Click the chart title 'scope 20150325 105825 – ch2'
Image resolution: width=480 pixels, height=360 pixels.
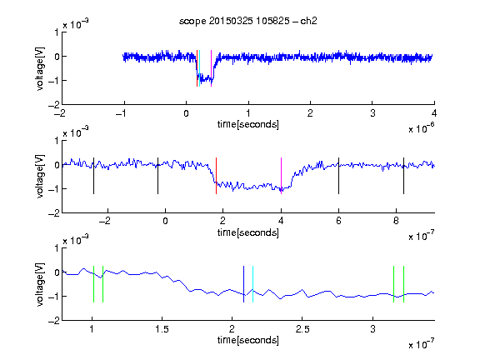coord(248,21)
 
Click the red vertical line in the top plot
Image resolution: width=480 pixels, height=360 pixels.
coord(197,68)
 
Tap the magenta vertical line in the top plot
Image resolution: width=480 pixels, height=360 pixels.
coord(211,68)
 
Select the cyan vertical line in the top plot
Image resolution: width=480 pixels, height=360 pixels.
coord(200,68)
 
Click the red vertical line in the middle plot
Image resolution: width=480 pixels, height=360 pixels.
coord(216,176)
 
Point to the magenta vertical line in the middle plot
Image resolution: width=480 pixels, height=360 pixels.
coord(281,176)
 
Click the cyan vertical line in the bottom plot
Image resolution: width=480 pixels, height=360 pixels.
coord(252,284)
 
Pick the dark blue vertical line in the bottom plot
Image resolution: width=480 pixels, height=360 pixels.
coord(243,284)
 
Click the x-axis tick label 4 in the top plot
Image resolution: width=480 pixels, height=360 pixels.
coord(434,113)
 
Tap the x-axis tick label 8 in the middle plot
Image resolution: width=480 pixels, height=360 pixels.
coord(396,221)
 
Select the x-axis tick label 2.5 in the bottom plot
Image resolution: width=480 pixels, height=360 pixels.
coord(302,329)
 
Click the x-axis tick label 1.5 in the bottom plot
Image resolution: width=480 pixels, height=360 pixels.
coord(162,329)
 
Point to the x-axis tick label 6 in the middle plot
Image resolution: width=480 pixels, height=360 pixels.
coord(338,221)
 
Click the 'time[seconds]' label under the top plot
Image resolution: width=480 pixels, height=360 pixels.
coord(248,124)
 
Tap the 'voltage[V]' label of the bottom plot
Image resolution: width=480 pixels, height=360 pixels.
coord(40,284)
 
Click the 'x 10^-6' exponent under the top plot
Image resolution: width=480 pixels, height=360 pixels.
coord(422,128)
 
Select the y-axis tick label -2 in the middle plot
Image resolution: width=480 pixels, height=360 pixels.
coord(54,213)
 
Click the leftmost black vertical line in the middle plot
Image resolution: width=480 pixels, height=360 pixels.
coord(93,176)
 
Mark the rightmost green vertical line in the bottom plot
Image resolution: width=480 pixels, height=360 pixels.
coord(404,284)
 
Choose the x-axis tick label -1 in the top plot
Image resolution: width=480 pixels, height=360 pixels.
coord(121,113)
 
